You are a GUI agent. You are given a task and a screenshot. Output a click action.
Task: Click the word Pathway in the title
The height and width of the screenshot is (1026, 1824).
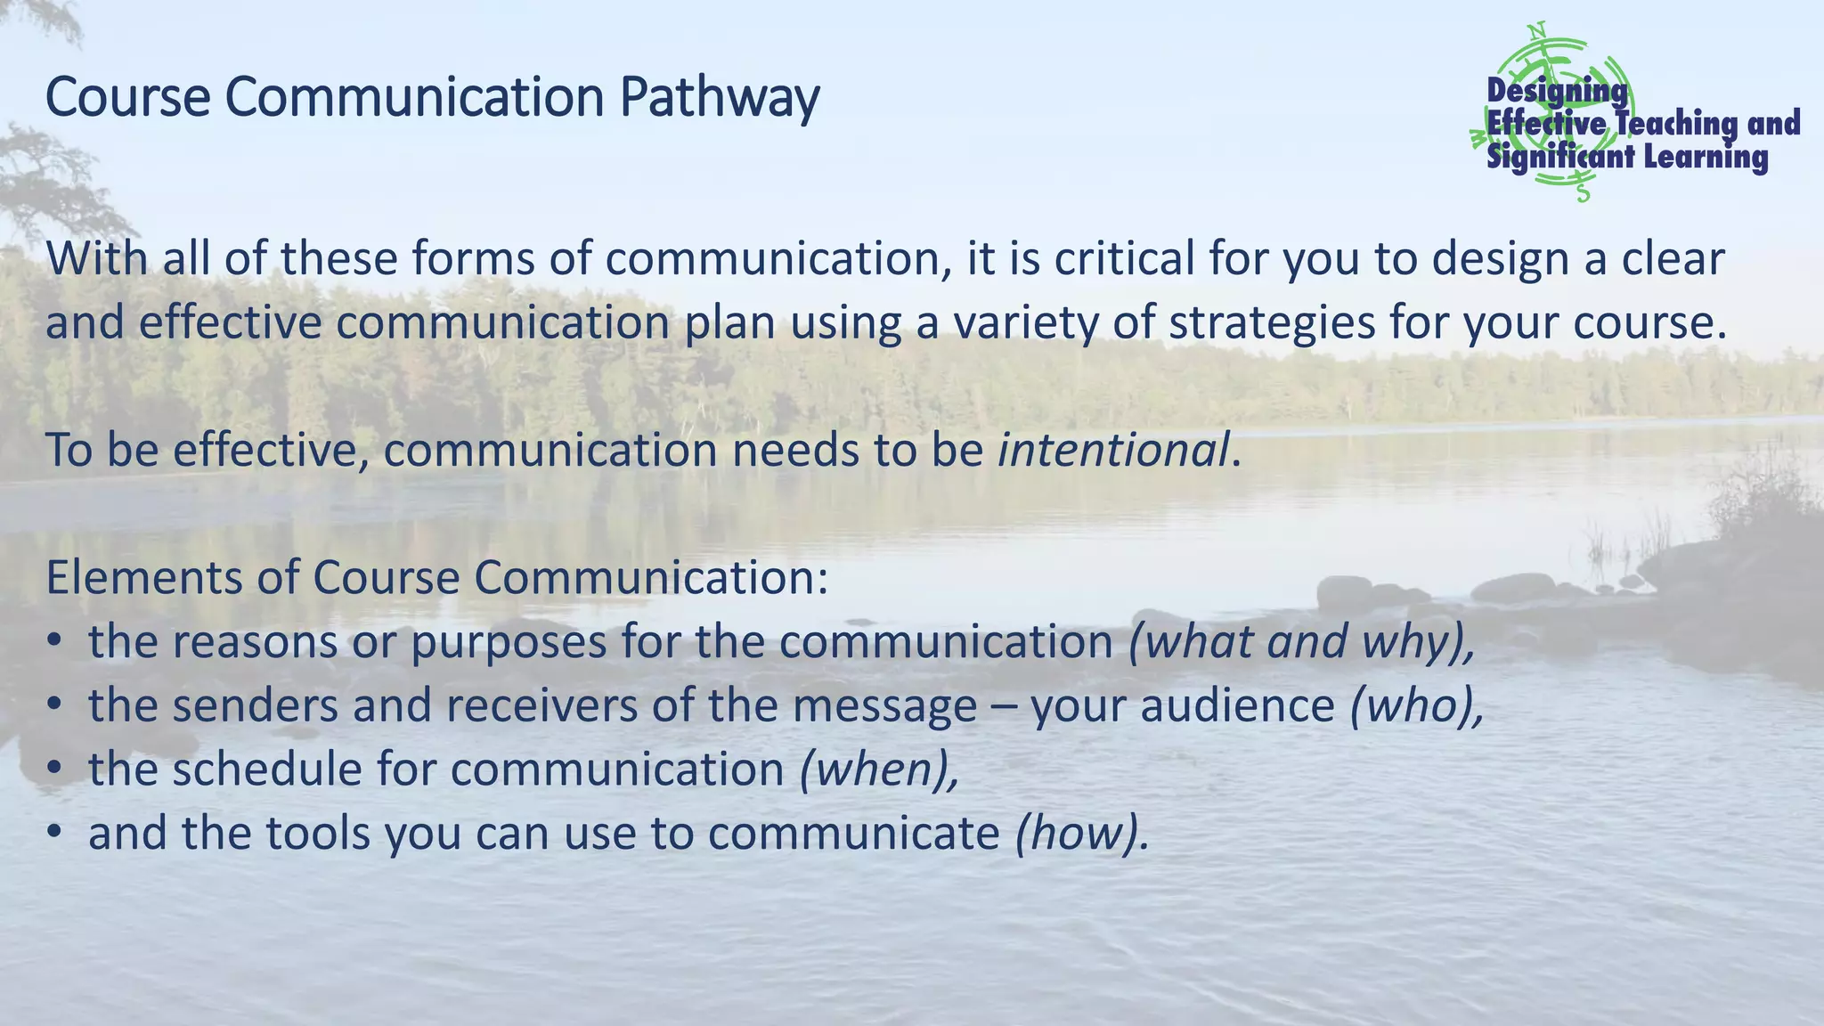pyautogui.click(x=720, y=98)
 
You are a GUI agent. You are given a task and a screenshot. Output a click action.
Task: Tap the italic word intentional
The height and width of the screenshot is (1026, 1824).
pyautogui.click(x=1113, y=450)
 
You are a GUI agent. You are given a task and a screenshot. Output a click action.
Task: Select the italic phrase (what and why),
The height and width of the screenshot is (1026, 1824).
pyautogui.click(x=1301, y=642)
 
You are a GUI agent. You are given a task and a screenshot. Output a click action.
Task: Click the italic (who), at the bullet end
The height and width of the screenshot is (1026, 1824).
pyautogui.click(x=1417, y=706)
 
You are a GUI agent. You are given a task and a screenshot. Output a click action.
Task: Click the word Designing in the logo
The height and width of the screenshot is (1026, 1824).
pyautogui.click(x=1557, y=90)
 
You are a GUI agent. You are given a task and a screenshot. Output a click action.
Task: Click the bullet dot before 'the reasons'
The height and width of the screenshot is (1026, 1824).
pyautogui.click(x=55, y=642)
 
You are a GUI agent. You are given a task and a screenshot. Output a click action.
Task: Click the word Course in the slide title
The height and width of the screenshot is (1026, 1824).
pyautogui.click(x=127, y=98)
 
